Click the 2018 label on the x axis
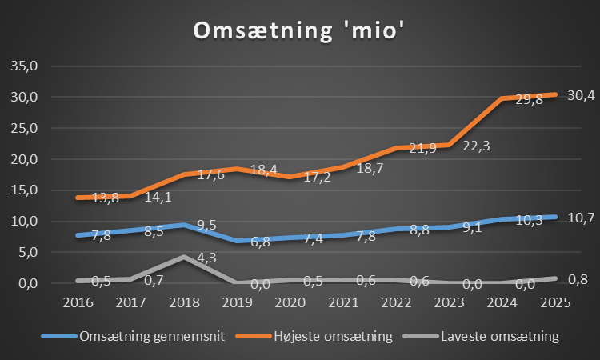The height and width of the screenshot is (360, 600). (x=185, y=303)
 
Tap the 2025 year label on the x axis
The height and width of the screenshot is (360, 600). (x=556, y=303)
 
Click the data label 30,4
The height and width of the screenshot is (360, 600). (x=581, y=96)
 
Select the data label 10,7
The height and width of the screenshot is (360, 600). (x=581, y=218)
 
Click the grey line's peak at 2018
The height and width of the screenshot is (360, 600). (x=185, y=257)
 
